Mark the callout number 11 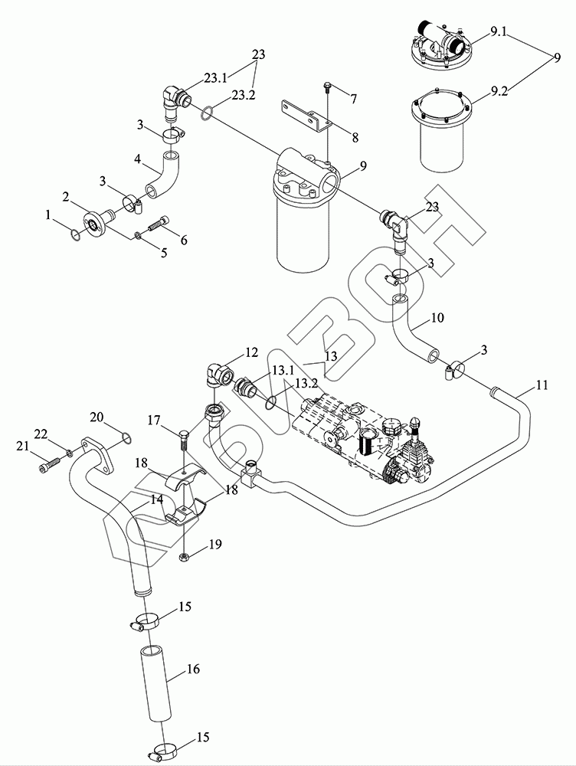point(542,386)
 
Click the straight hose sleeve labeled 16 point(155,683)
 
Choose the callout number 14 point(156,499)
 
